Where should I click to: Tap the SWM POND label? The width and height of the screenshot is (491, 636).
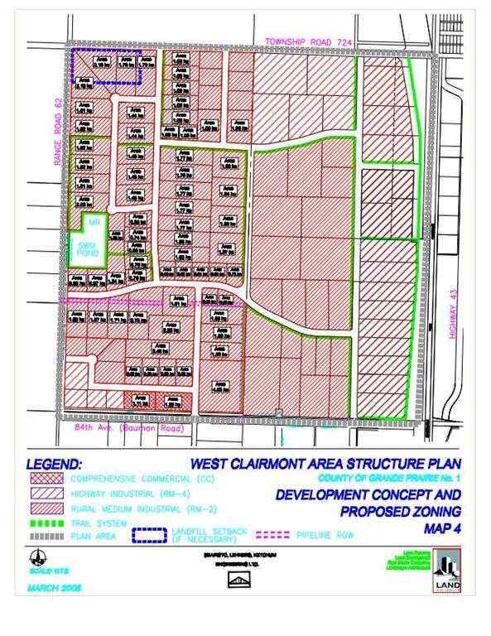tap(84, 246)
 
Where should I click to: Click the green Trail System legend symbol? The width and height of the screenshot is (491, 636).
tap(42, 523)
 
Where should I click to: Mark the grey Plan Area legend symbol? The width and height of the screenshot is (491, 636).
tap(42, 535)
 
